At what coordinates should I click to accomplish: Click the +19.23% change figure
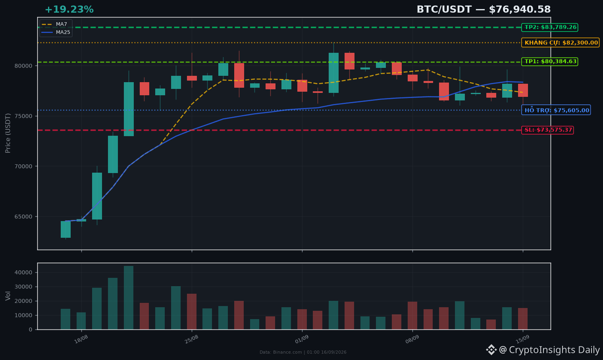tap(69, 10)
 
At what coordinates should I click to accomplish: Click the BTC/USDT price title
tap(484, 10)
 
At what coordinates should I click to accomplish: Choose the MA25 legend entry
tap(56, 32)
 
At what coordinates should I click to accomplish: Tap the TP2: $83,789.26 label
tap(550, 27)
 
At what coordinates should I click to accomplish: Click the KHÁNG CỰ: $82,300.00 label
tap(561, 42)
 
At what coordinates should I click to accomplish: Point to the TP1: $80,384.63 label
tap(550, 62)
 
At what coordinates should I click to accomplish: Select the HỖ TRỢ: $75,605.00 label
tap(556, 110)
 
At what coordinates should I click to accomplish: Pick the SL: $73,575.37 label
tap(547, 130)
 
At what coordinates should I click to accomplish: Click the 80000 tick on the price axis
tap(23, 66)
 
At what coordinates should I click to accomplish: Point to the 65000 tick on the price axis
tap(23, 217)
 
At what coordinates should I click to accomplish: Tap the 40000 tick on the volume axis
tap(23, 272)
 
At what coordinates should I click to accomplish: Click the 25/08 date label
tap(191, 339)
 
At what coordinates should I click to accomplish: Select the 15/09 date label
tap(522, 339)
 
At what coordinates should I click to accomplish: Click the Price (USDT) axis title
tap(8, 133)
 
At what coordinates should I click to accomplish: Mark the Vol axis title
tap(8, 296)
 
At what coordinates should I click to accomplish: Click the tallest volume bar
tap(129, 298)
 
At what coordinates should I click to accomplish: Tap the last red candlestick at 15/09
tap(523, 90)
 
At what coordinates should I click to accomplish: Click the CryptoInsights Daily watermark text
tap(554, 350)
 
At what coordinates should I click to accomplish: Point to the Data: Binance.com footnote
tap(303, 352)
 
